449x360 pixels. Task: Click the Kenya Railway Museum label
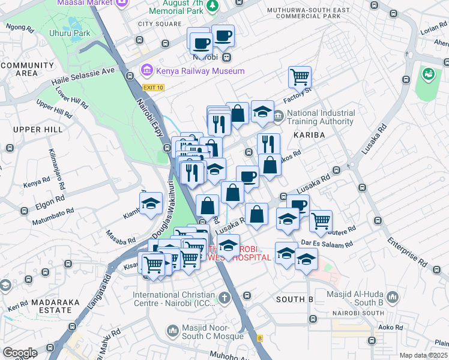[x=200, y=71]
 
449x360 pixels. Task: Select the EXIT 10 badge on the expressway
[x=153, y=88]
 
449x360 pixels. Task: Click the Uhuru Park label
[x=70, y=34]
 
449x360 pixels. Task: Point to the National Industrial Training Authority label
[x=320, y=117]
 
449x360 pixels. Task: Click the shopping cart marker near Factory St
[x=300, y=77]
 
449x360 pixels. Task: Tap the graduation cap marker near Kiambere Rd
[x=151, y=204]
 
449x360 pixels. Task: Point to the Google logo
[x=19, y=353]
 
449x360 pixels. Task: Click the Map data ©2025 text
[x=423, y=355]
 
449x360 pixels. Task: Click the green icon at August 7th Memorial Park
[x=212, y=6]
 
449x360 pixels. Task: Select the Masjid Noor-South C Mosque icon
[x=173, y=331]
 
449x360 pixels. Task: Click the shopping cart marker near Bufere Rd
[x=321, y=221]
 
